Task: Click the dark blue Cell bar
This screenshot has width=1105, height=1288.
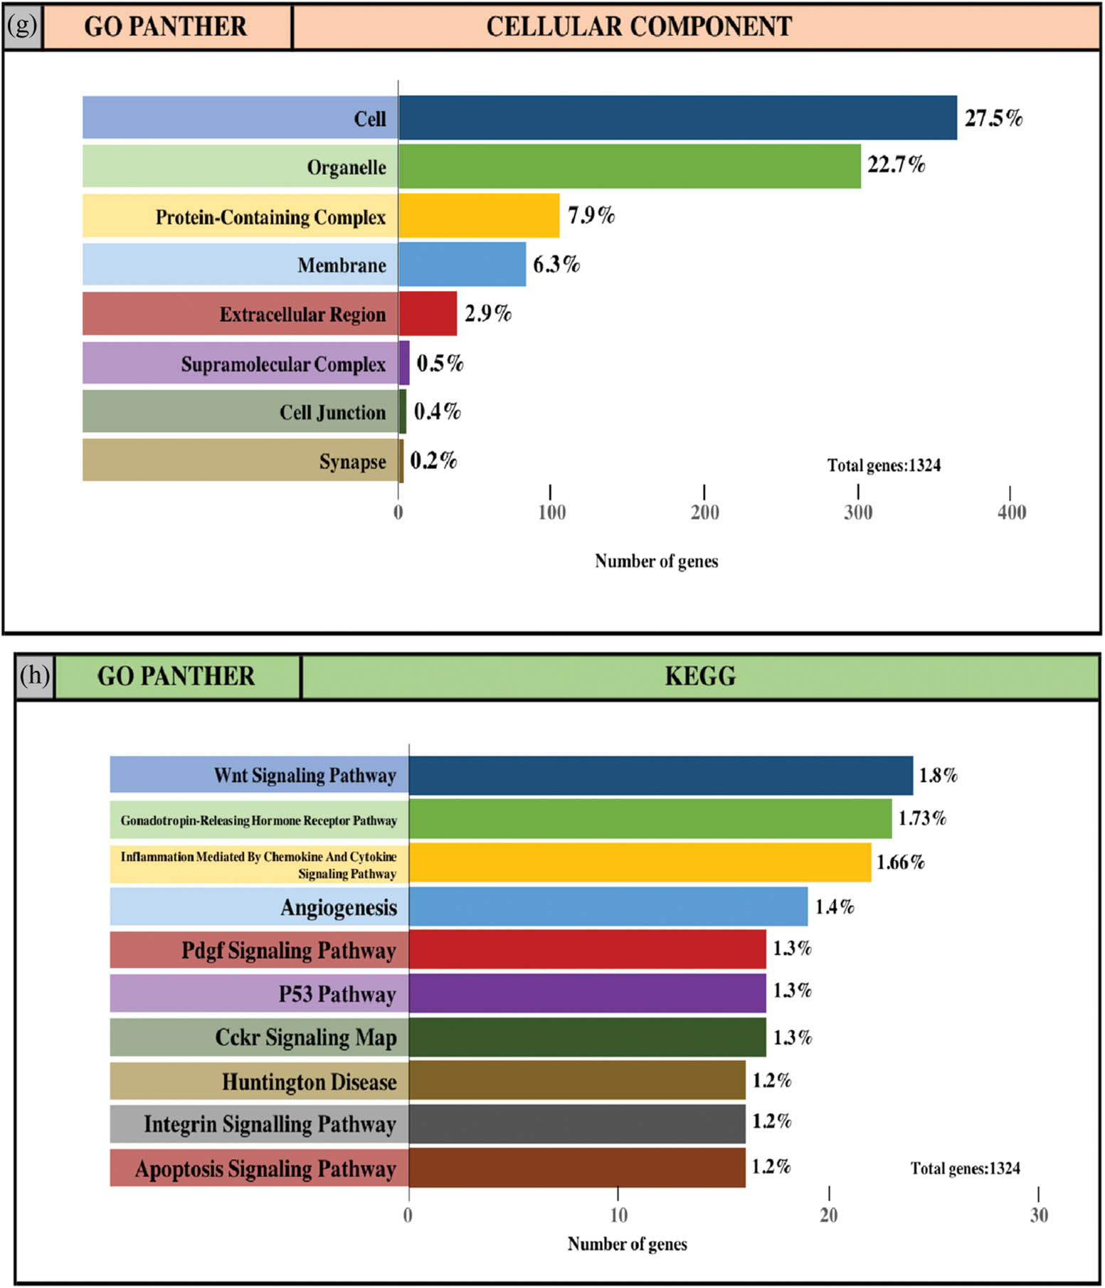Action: click(x=677, y=117)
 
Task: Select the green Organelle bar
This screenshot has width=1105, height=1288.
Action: click(x=629, y=167)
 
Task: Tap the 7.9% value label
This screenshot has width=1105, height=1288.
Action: click(x=591, y=215)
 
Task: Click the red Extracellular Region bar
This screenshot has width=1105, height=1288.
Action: click(x=428, y=313)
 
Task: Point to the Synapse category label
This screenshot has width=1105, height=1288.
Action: click(x=352, y=461)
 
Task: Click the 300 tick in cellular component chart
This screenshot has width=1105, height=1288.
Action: click(x=858, y=512)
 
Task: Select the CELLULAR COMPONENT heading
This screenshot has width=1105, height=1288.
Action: click(x=638, y=26)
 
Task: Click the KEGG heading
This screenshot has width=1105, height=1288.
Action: click(x=700, y=676)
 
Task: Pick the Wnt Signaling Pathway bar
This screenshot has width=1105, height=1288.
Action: click(x=660, y=775)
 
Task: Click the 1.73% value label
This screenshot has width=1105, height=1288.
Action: click(x=922, y=818)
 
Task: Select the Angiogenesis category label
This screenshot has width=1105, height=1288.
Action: click(x=338, y=907)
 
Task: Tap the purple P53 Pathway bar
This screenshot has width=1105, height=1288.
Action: click(x=587, y=993)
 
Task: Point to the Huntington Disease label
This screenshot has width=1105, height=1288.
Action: click(x=309, y=1082)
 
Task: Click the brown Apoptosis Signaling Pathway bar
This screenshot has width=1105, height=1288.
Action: click(x=577, y=1168)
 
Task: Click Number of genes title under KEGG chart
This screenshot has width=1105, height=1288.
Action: click(x=627, y=1244)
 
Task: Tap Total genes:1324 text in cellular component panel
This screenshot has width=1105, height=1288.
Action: click(x=884, y=465)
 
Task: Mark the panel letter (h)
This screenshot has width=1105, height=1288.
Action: click(x=35, y=675)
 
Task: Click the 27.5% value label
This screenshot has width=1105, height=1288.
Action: click(x=993, y=117)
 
